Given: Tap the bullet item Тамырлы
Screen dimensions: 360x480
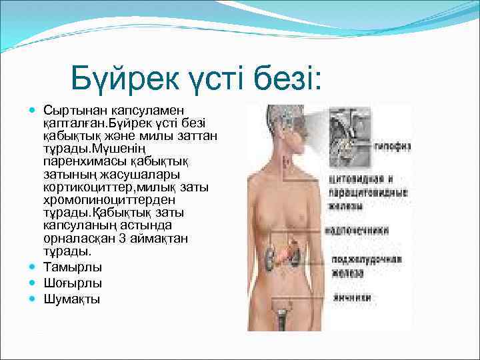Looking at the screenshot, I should point(73,267).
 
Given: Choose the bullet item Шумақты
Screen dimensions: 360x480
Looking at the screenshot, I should point(72,299).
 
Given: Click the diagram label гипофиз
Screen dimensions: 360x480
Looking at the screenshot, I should point(391,146).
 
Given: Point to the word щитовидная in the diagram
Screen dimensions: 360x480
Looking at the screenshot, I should point(351,179).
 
